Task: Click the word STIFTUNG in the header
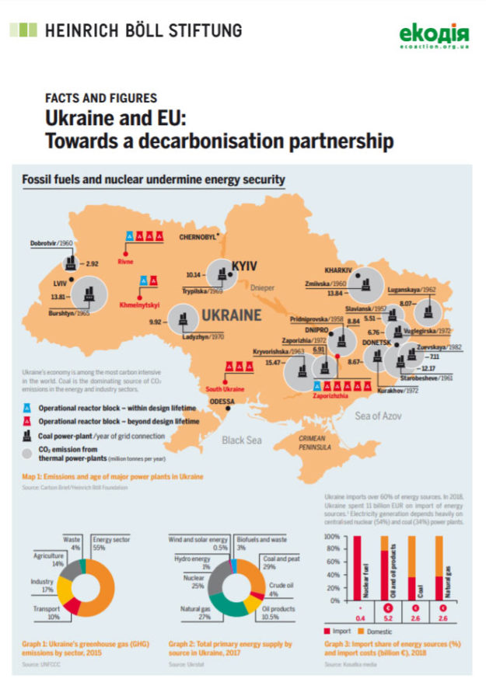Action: (205, 31)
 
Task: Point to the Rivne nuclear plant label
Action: (126, 262)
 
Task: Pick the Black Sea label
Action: (244, 440)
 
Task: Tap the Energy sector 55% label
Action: (109, 542)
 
